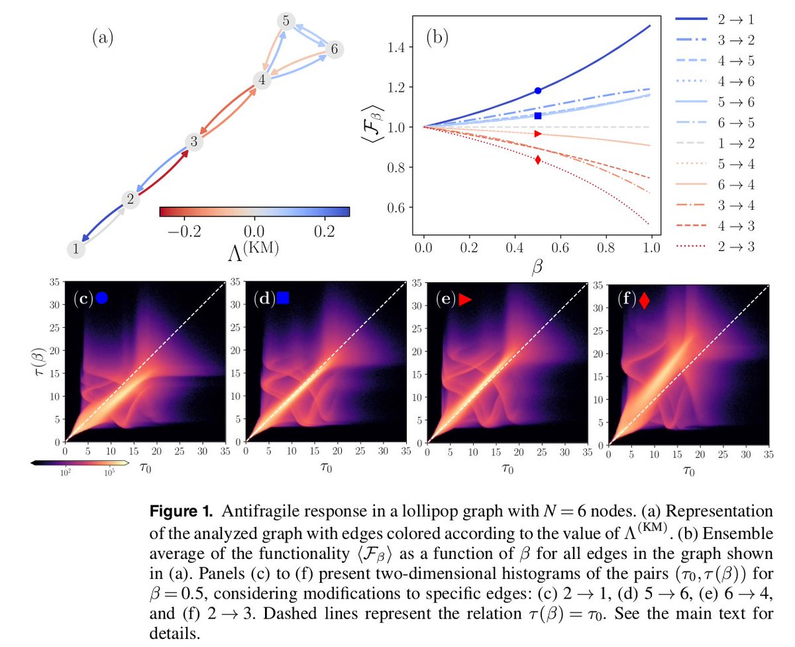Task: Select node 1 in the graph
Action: pyautogui.click(x=77, y=250)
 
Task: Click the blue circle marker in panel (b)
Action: pyautogui.click(x=538, y=90)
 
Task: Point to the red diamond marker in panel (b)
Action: pyautogui.click(x=538, y=160)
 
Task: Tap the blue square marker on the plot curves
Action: pyautogui.click(x=538, y=116)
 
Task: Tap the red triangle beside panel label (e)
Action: pyautogui.click(x=464, y=299)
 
